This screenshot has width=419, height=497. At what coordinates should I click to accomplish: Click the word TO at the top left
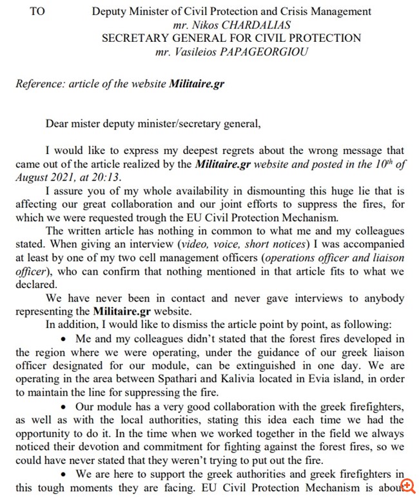(x=37, y=11)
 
